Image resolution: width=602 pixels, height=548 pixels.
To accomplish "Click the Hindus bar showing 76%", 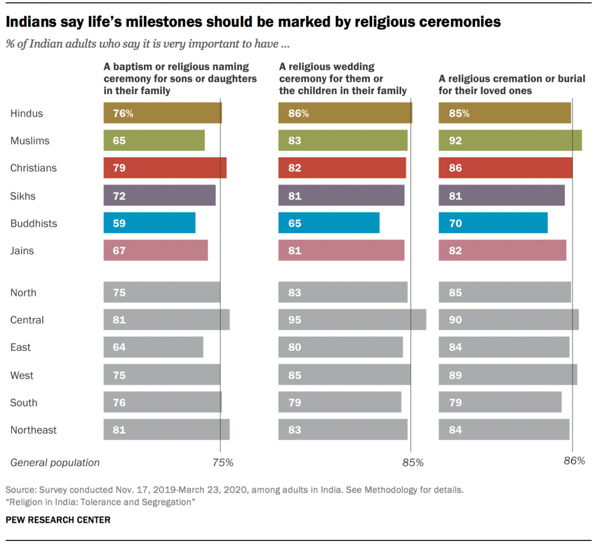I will [x=163, y=113].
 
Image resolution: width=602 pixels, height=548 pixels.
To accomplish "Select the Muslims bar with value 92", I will [x=510, y=141].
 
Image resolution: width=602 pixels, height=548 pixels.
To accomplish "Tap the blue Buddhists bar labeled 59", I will [x=149, y=223].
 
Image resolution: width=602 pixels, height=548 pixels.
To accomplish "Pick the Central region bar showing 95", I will [x=352, y=320].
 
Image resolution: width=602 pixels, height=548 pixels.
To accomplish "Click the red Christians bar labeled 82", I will [x=342, y=168].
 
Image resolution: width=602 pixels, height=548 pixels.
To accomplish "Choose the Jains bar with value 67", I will [x=156, y=251].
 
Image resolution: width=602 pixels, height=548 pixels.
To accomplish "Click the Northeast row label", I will [x=34, y=430].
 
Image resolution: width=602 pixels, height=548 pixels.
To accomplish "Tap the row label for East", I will [x=21, y=347].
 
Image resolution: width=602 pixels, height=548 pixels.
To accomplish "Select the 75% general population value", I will [x=222, y=463].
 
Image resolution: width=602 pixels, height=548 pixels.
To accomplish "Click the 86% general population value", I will [x=574, y=461].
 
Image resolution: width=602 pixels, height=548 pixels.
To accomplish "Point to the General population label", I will [x=55, y=463].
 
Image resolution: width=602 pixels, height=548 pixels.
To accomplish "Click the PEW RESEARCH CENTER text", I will [x=58, y=520].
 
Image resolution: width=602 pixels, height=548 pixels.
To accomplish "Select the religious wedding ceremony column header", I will [x=343, y=79].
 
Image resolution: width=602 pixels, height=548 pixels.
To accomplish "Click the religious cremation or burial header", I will [x=512, y=85].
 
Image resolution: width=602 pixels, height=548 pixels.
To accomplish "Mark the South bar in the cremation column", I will [x=500, y=403].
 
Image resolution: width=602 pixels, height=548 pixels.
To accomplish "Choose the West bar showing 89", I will [x=508, y=375].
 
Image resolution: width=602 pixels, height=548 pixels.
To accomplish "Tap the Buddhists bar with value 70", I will [x=493, y=223].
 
